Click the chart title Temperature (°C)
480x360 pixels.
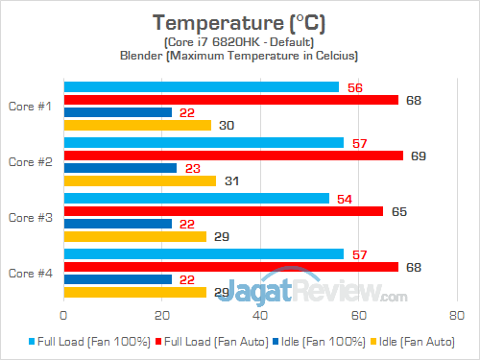[x=240, y=22]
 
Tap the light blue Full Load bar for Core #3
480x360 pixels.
[x=196, y=199]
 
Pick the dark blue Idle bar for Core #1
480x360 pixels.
[x=117, y=112]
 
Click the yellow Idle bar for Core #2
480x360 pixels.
[x=139, y=180]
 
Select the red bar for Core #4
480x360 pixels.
[x=230, y=267]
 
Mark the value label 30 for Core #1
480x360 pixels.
[x=227, y=125]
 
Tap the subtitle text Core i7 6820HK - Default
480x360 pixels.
[x=240, y=42]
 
